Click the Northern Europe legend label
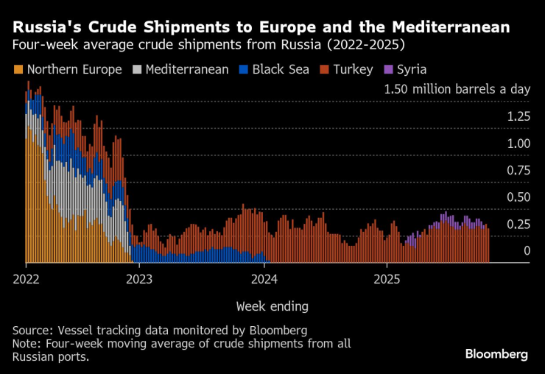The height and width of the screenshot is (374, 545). pyautogui.click(x=74, y=70)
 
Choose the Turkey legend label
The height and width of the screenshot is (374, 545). pyautogui.click(x=352, y=70)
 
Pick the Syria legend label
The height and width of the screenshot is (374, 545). pyautogui.click(x=412, y=70)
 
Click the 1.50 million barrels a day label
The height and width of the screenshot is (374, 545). pyautogui.click(x=457, y=89)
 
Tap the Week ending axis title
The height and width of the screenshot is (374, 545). pyautogui.click(x=272, y=306)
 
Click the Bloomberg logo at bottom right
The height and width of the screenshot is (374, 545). pyautogui.click(x=496, y=354)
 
